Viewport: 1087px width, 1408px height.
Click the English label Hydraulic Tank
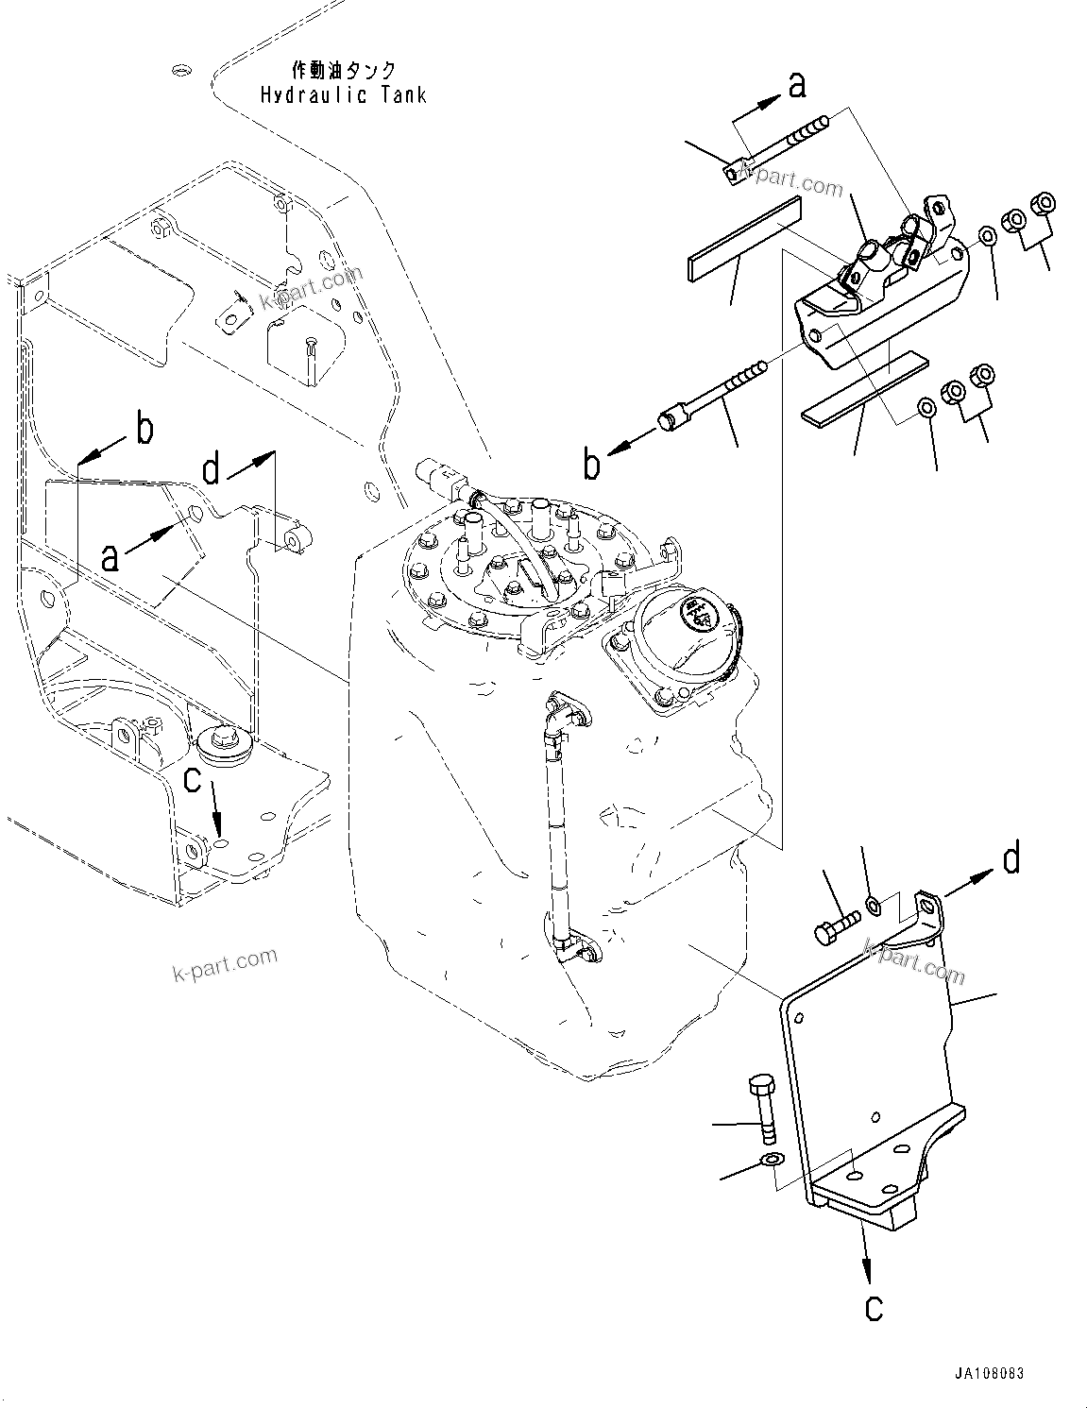pos(343,95)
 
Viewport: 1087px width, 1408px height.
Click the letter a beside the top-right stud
pos(798,86)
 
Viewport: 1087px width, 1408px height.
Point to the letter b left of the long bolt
pos(592,466)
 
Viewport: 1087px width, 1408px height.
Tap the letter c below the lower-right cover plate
pos(874,1307)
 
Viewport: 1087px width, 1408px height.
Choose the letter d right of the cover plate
pos(1011,860)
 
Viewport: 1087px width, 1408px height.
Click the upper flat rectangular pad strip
pos(741,241)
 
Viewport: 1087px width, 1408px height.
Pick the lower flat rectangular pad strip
pos(865,387)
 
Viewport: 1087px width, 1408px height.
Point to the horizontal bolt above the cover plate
pos(836,921)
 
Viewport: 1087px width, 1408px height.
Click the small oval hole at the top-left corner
pos(182,69)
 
